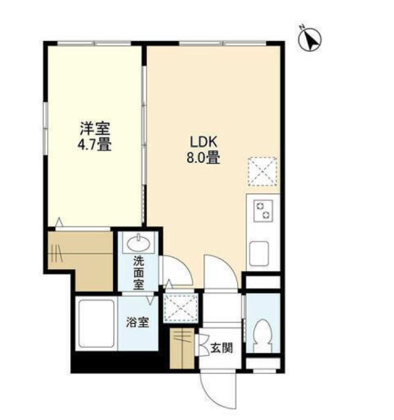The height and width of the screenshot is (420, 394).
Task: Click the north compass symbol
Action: click(310, 39)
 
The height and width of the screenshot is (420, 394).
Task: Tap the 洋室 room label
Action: click(95, 128)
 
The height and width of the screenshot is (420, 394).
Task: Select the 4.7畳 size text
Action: click(94, 145)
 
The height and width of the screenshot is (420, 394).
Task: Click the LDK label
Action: click(203, 142)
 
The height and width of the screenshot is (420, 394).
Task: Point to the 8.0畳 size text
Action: click(203, 158)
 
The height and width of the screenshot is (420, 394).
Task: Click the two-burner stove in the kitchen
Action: click(263, 211)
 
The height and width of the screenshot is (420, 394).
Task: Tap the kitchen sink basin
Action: click(259, 253)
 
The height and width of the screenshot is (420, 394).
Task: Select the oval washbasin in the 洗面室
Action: click(138, 244)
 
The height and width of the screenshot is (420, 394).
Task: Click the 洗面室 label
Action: click(139, 273)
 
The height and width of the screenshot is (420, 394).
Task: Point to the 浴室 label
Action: click(137, 322)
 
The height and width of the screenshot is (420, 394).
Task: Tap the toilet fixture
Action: click(262, 335)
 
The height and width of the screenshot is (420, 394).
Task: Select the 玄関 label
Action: click(222, 348)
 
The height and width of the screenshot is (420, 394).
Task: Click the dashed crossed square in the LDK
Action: click(262, 171)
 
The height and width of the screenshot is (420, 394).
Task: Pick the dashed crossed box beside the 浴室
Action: click(181, 307)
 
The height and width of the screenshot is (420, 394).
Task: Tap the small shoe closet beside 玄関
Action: click(182, 348)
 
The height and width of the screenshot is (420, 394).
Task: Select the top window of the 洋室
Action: click(94, 43)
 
